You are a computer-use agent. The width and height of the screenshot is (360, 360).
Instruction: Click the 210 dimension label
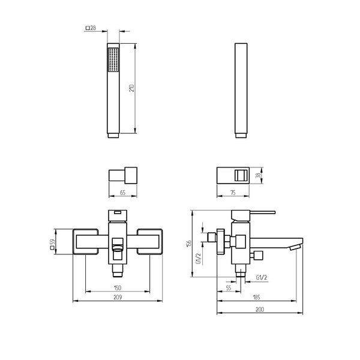pos(131,88)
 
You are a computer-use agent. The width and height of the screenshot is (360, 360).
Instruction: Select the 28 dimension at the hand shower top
pos(91,28)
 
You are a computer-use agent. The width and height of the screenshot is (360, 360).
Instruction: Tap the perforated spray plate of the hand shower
pos(113,60)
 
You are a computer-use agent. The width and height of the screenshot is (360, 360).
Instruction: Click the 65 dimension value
pos(123,193)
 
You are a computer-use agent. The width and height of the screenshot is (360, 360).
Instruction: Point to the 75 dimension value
pos(233,193)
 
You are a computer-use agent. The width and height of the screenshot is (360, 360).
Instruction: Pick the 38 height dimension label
pos(259,175)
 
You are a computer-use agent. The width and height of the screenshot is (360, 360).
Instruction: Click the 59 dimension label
pos(52,244)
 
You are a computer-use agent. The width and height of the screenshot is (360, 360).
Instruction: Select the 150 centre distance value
pos(118,287)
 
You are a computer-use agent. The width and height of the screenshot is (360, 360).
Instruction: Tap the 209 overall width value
pos(118,297)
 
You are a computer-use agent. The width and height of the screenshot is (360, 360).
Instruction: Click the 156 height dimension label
pos(189,244)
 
